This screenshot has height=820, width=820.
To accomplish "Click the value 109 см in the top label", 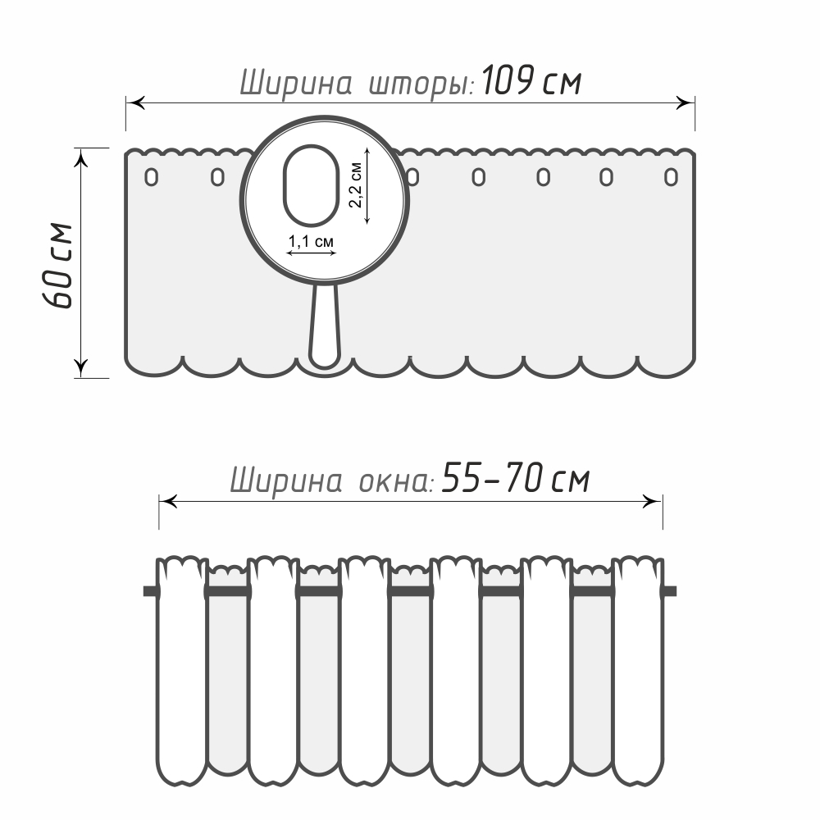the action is (x=531, y=81).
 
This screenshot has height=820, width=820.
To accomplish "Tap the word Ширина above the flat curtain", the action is (x=295, y=84).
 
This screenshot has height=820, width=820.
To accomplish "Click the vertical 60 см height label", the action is (x=57, y=266).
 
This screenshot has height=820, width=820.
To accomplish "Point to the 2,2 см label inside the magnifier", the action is (x=356, y=185).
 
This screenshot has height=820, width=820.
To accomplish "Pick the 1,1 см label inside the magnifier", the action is (x=311, y=242).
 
